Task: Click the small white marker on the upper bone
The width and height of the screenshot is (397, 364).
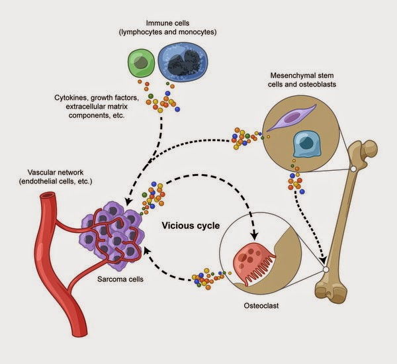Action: pyautogui.click(x=353, y=169)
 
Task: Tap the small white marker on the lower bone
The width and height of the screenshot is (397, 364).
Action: pyautogui.click(x=326, y=269)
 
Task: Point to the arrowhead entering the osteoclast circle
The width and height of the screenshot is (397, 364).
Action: pyautogui.click(x=253, y=237)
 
